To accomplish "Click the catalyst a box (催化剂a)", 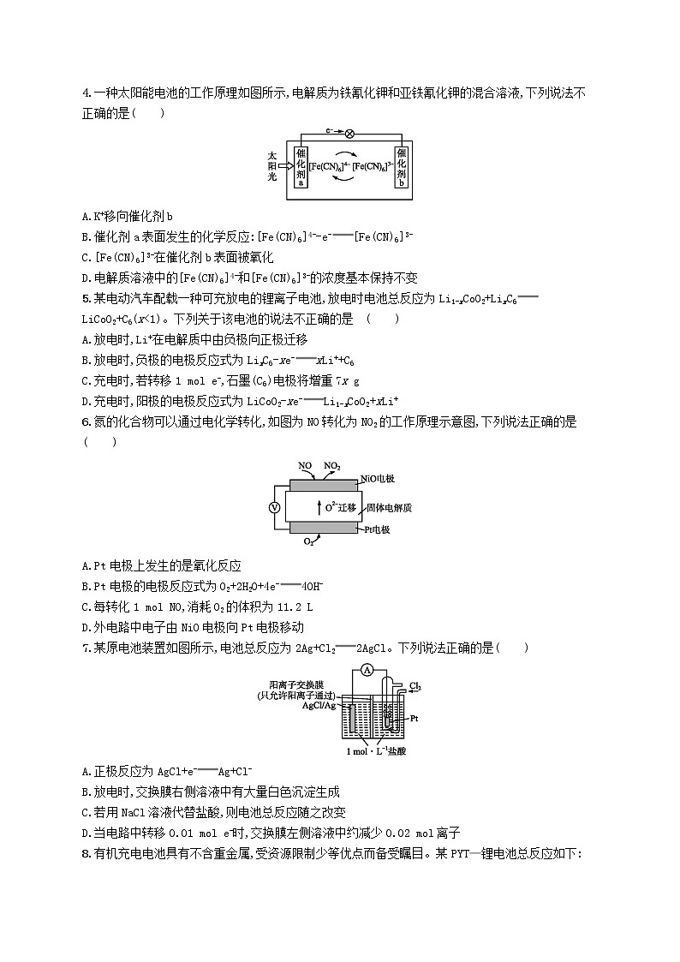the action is pos(301,166).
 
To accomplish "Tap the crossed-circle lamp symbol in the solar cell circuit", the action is pos(349,134).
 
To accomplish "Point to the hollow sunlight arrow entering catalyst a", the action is pos(285,165).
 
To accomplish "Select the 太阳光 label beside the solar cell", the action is pos(272,164).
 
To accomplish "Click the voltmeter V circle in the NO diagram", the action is pos(275,507).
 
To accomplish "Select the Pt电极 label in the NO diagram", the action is pos(375,530).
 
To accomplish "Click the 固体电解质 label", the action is pos(390,507).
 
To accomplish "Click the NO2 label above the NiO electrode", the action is pos(332,466).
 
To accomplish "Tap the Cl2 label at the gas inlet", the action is pos(415,686).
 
